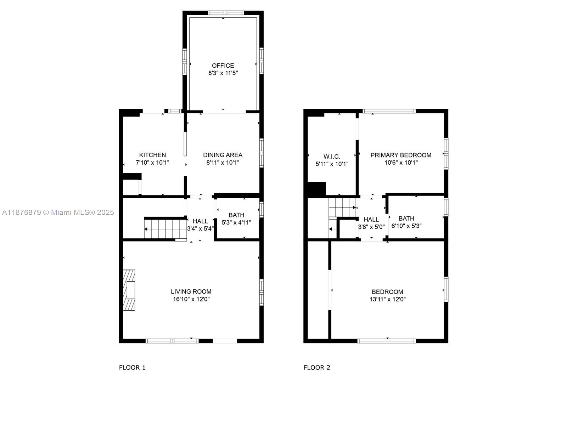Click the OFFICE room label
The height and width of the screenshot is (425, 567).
[223, 66]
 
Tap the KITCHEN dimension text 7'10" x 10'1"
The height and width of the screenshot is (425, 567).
[152, 163]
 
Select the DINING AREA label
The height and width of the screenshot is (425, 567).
[223, 155]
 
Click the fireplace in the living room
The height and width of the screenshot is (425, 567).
[129, 290]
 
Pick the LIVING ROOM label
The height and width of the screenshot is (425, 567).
[191, 291]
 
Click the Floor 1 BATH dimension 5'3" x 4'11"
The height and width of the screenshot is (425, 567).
[236, 222]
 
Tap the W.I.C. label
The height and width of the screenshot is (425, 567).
[332, 157]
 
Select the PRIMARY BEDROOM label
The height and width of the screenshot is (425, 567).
[401, 155]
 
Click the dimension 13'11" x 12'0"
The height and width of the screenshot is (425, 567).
[387, 299]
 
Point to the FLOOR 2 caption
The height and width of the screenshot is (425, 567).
[316, 367]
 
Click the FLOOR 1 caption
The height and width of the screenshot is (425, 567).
[132, 367]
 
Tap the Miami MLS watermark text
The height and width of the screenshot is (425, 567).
[58, 212]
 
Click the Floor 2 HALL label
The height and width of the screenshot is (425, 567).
[371, 219]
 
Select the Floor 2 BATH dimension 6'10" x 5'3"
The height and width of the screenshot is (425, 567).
[406, 226]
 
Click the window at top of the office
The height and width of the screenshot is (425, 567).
[226, 13]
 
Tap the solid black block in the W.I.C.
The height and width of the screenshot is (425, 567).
[316, 189]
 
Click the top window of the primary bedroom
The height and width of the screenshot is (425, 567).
[389, 111]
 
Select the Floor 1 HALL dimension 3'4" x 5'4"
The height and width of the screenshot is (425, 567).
[200, 229]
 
